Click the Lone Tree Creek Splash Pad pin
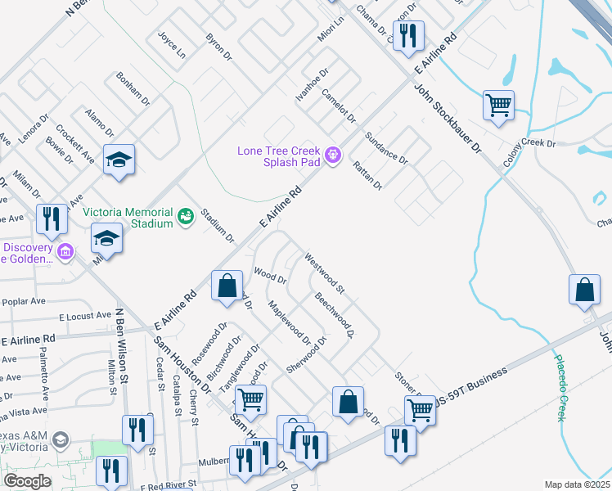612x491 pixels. coord(332,155)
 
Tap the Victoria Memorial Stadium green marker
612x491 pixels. coord(186,215)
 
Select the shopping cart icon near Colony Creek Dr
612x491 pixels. coord(497,105)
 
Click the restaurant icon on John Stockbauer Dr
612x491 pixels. coord(407,36)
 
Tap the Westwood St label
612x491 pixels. coord(325,274)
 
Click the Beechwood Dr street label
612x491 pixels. coord(334,317)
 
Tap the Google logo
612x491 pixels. coord(27,481)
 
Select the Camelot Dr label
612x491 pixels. coord(338,106)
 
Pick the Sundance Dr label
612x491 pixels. coord(385,146)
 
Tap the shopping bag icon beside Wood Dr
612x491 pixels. coord(227,286)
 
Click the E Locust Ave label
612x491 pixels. coord(84,315)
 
